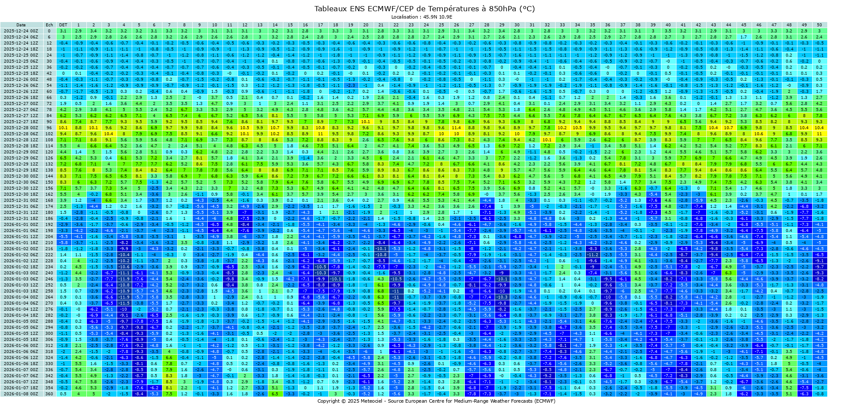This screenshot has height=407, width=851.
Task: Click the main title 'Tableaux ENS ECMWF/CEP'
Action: pyautogui.click(x=425, y=9)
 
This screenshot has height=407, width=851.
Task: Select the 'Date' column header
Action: pyautogui.click(x=21, y=25)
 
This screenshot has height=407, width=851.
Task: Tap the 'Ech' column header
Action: pyautogui.click(x=49, y=25)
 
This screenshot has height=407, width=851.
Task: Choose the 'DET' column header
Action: pyautogui.click(x=63, y=25)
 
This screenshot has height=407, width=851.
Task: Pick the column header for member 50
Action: pyautogui.click(x=819, y=25)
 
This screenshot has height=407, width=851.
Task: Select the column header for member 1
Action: pyautogui.click(x=78, y=25)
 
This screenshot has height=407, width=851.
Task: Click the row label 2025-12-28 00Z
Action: pyautogui.click(x=21, y=128)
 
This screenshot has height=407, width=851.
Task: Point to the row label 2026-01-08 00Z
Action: pyautogui.click(x=21, y=394)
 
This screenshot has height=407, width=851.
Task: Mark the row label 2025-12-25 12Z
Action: pyautogui.click(x=21, y=67)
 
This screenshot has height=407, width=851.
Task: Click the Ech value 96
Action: pyautogui.click(x=49, y=128)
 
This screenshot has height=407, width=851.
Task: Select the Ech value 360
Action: pyautogui.click(x=49, y=394)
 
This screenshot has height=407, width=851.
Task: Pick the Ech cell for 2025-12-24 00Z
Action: pyautogui.click(x=49, y=31)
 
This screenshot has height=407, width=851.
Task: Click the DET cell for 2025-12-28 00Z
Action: pyautogui.click(x=63, y=128)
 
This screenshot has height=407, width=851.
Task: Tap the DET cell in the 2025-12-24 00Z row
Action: pyautogui.click(x=63, y=31)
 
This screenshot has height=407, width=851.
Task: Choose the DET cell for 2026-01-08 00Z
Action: pyautogui.click(x=63, y=394)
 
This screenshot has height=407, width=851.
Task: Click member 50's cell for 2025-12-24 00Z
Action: pyautogui.click(x=819, y=31)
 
